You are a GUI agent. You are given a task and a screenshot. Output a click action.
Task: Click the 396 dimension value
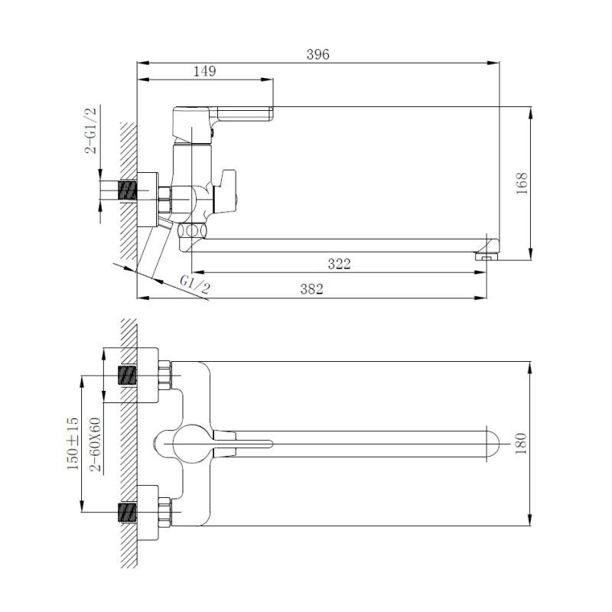coord(317,54)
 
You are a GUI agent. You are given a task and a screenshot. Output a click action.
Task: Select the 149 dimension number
coord(204,71)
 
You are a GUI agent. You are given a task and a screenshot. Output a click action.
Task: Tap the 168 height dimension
coord(522,183)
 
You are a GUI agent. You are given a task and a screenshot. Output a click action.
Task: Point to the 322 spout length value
coord(339,264)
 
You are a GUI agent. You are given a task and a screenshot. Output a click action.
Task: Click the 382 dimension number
coord(311,288)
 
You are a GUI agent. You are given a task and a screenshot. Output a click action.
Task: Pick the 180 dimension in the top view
coord(522,443)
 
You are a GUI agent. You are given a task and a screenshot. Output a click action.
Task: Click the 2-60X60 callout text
coord(96,444)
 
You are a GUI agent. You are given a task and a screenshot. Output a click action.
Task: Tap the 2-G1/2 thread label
coord(91,131)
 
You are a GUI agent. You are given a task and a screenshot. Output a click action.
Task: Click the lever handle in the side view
coord(245,114)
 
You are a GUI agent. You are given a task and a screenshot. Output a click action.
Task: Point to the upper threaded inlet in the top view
coord(128,376)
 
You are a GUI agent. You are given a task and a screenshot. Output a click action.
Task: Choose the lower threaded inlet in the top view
coord(128,511)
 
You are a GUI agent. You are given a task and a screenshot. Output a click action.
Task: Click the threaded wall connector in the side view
coord(126,189)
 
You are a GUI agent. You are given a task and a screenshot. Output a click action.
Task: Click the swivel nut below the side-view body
coord(191,230)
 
